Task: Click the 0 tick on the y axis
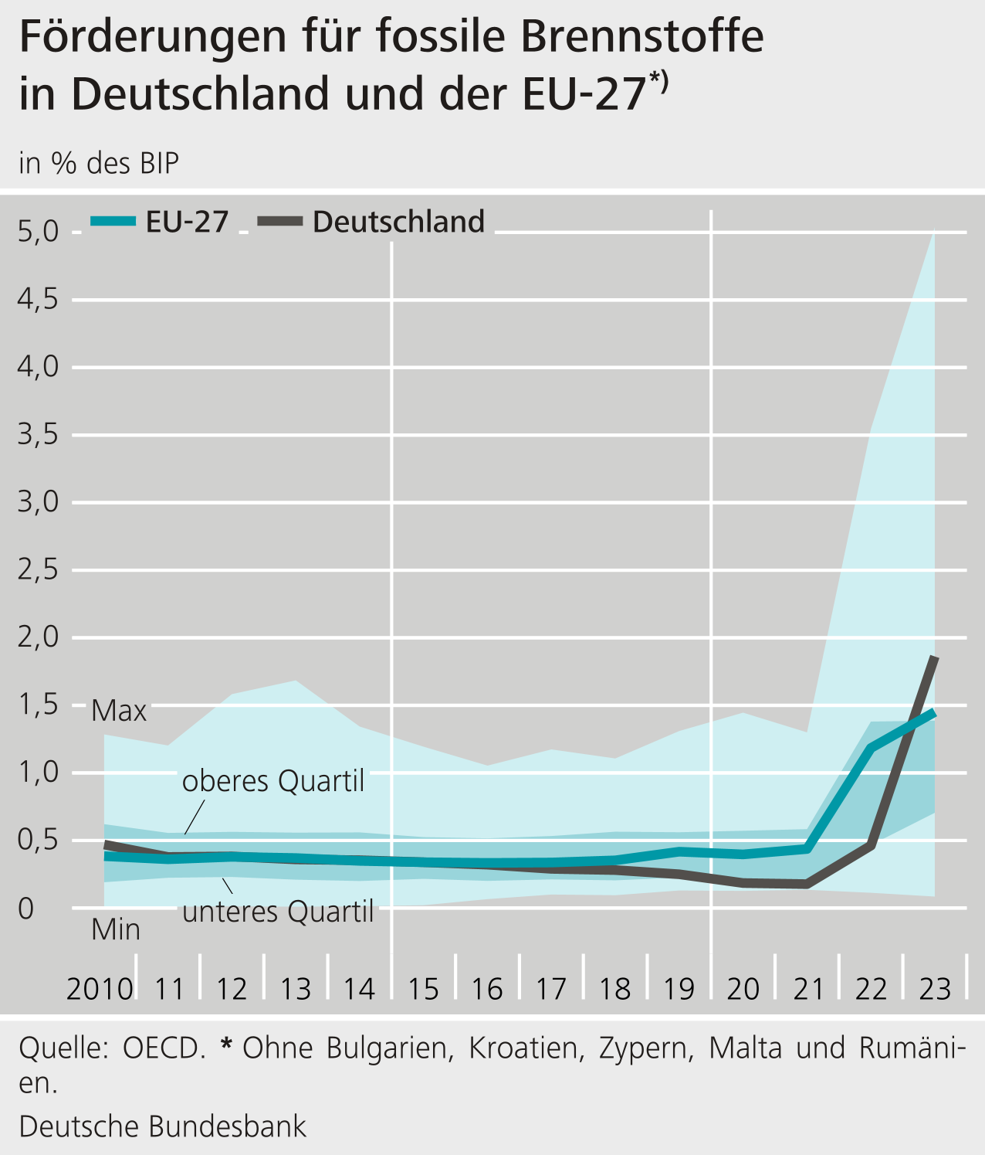(x=26, y=909)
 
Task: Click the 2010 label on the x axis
(x=100, y=989)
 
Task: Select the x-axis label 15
(x=423, y=989)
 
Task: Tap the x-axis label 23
(x=935, y=989)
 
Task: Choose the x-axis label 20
(x=743, y=989)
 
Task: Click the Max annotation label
(x=119, y=711)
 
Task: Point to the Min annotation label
(x=116, y=929)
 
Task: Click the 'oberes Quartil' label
(x=273, y=781)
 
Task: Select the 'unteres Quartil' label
(x=278, y=912)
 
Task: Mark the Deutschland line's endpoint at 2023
(x=935, y=657)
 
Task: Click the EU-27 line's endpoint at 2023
(x=935, y=712)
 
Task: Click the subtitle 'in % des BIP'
(x=99, y=163)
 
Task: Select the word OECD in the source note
(x=164, y=1048)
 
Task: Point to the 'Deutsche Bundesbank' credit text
(x=163, y=1126)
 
